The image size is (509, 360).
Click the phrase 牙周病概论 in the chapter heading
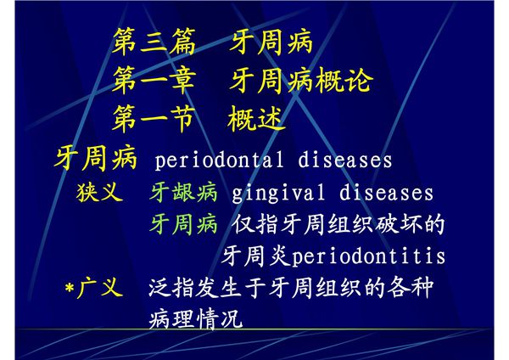click(301, 82)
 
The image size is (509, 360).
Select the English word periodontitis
click(367, 256)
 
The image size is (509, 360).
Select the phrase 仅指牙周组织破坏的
click(338, 224)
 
